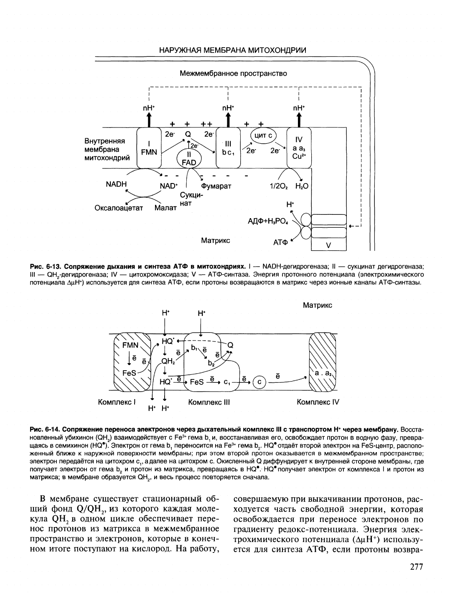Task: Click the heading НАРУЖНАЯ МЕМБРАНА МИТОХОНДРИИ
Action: [232, 50]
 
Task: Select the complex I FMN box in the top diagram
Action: [149, 148]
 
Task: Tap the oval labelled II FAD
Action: [189, 158]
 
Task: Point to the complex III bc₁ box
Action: [228, 148]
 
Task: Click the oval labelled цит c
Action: [263, 136]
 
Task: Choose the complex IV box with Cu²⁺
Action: [299, 148]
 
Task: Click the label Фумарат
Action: [216, 186]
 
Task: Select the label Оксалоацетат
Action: [119, 208]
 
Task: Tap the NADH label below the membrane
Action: [116, 184]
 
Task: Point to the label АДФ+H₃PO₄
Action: [268, 221]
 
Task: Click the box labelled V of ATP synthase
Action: [329, 245]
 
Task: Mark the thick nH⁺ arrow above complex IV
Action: [299, 120]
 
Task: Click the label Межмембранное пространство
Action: [234, 74]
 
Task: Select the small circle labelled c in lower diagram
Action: [259, 383]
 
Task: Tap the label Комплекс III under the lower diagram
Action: [209, 402]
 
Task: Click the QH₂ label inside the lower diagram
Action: [168, 361]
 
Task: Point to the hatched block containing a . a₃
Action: [323, 362]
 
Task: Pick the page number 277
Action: [417, 567]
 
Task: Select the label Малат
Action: [165, 208]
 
